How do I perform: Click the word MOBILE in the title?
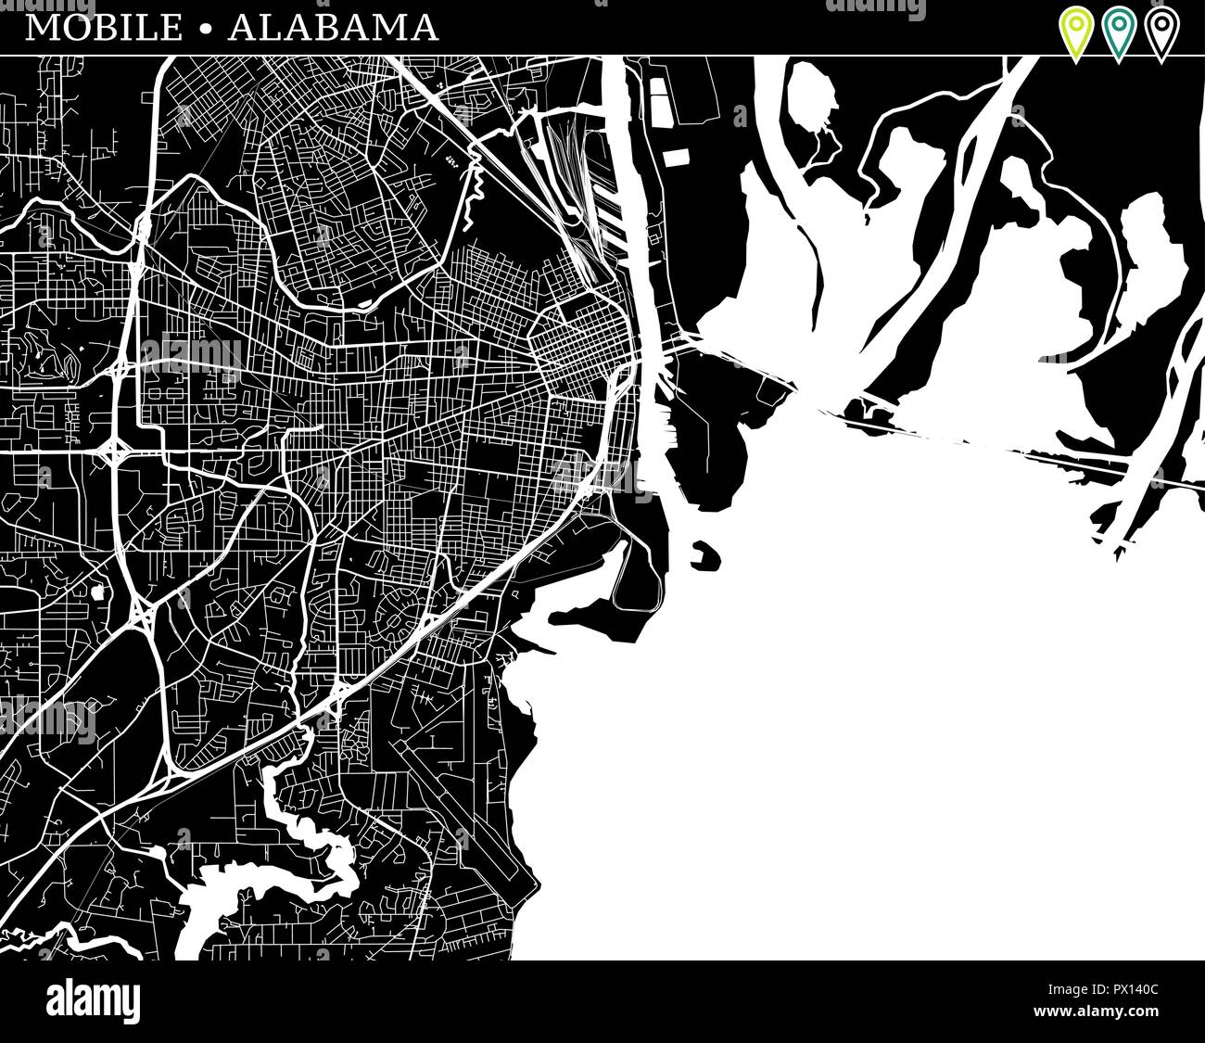104,28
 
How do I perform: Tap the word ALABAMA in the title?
333,28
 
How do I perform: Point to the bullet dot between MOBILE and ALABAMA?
205,29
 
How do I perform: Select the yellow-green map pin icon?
1074,31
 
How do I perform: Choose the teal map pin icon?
1118,31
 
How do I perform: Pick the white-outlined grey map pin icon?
1161,31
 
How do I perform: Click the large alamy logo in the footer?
93,1001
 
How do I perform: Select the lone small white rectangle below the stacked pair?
674,155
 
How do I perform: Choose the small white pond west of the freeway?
97,591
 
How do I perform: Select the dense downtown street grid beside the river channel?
579,343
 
